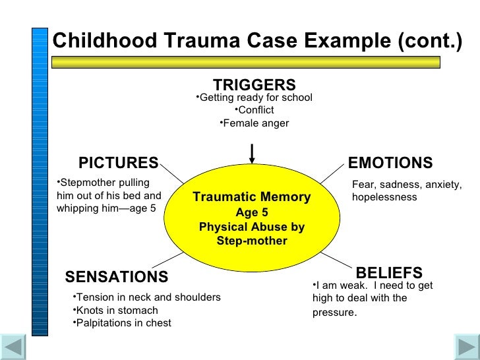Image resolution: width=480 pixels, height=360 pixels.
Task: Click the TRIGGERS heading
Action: tap(254, 85)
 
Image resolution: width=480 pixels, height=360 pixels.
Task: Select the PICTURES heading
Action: tap(118, 163)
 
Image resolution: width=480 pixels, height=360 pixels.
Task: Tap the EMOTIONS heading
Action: tap(390, 163)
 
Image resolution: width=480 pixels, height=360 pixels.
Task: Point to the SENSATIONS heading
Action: tap(117, 276)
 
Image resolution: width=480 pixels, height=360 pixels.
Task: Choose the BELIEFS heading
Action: tap(389, 273)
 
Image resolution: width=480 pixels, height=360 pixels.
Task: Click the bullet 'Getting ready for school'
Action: tap(255, 98)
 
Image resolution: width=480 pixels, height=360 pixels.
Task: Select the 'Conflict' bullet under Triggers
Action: tap(255, 110)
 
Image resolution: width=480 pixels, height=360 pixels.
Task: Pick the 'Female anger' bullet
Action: tap(255, 123)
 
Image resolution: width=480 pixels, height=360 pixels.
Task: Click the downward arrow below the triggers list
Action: tap(251, 154)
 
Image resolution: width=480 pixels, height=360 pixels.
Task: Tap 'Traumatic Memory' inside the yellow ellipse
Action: tap(251, 197)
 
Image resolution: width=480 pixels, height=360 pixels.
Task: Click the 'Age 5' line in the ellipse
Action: tap(251, 212)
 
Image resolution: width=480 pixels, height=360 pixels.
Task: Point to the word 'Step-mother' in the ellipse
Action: tap(251, 241)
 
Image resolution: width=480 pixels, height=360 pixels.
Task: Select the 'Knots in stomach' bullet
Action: tap(116, 311)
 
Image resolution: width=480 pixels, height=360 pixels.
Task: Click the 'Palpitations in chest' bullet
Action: tap(122, 323)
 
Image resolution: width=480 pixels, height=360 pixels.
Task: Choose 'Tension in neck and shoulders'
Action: tap(147, 297)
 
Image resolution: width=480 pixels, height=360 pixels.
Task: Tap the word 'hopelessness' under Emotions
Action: tap(384, 197)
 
